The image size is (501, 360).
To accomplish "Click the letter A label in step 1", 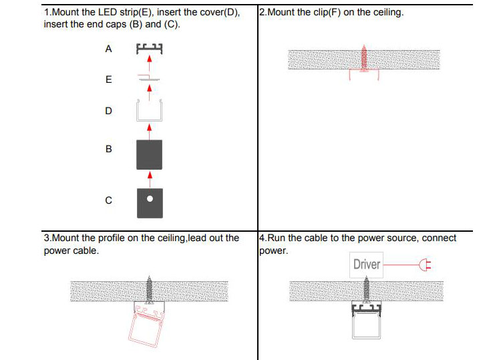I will point(108,49).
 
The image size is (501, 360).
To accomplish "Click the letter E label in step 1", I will point(108,79).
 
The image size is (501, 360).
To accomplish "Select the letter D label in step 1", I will point(108,111).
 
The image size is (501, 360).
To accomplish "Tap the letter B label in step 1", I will point(108,149).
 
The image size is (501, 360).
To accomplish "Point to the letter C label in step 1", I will point(108,200).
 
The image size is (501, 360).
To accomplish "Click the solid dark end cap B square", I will point(150,154).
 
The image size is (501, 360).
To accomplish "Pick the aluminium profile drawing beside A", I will point(150,49).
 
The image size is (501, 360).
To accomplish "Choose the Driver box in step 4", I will point(367,264).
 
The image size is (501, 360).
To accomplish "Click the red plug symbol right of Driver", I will point(422,265).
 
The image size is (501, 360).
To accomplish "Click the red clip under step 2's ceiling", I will point(364,74).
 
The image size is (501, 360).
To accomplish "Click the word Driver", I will point(367,264).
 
